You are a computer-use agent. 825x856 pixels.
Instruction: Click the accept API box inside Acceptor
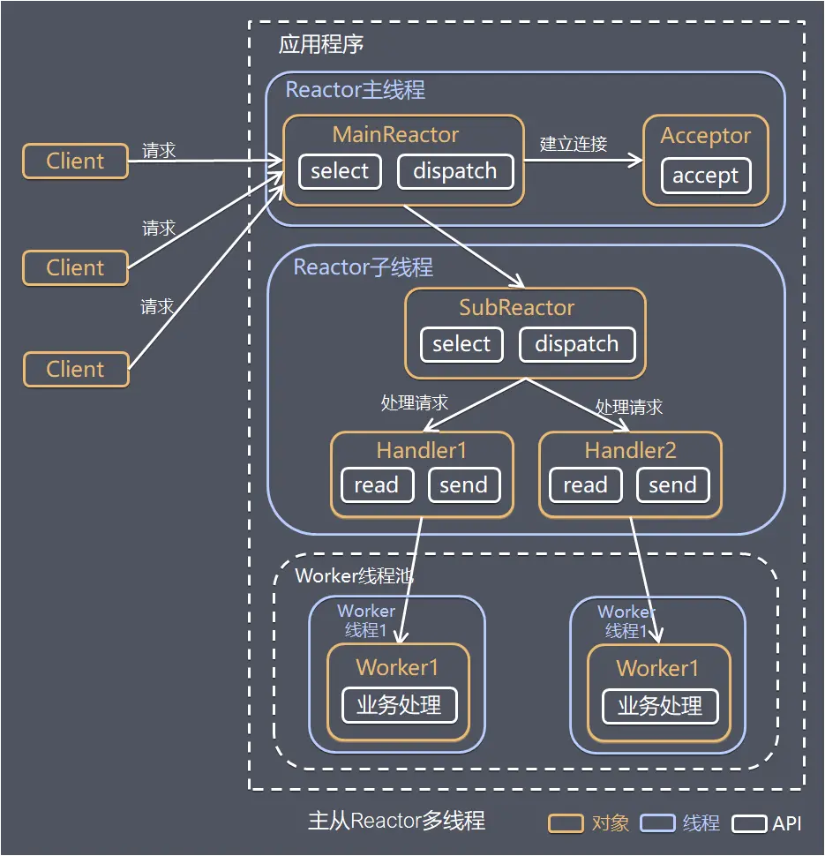pyautogui.click(x=705, y=176)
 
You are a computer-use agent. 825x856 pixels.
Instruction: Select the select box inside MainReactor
pyautogui.click(x=340, y=171)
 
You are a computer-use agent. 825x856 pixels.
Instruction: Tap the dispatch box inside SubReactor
pyautogui.click(x=576, y=344)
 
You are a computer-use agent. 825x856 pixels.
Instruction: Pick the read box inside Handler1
pyautogui.click(x=377, y=485)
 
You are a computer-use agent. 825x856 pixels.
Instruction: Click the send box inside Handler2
pyautogui.click(x=672, y=485)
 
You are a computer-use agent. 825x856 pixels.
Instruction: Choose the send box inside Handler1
pyautogui.click(x=463, y=485)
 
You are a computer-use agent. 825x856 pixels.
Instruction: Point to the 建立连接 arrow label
pyautogui.click(x=574, y=144)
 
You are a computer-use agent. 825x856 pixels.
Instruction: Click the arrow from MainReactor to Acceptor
pyautogui.click(x=583, y=161)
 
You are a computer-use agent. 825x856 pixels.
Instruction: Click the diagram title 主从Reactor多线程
pyautogui.click(x=396, y=821)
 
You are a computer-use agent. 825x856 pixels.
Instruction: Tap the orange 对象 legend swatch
pyautogui.click(x=566, y=823)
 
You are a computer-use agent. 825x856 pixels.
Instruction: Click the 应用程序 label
pyautogui.click(x=321, y=45)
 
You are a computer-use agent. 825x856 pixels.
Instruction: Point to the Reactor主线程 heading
pyautogui.click(x=355, y=90)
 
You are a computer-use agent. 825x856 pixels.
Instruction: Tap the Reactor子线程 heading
pyautogui.click(x=363, y=267)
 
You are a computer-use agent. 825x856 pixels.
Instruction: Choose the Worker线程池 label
pyautogui.click(x=354, y=576)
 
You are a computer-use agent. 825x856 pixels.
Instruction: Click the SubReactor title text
pyautogui.click(x=516, y=308)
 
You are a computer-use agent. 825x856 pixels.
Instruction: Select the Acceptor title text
pyautogui.click(x=705, y=136)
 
